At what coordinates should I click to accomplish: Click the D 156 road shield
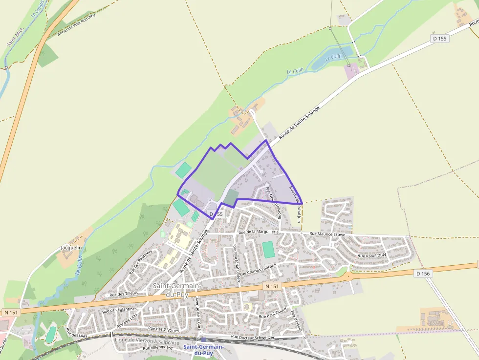coord(423,274)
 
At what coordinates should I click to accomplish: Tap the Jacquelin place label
coord(71,248)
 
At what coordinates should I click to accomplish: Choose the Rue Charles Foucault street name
coord(258,270)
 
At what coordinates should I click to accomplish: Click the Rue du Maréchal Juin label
coord(295,204)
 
